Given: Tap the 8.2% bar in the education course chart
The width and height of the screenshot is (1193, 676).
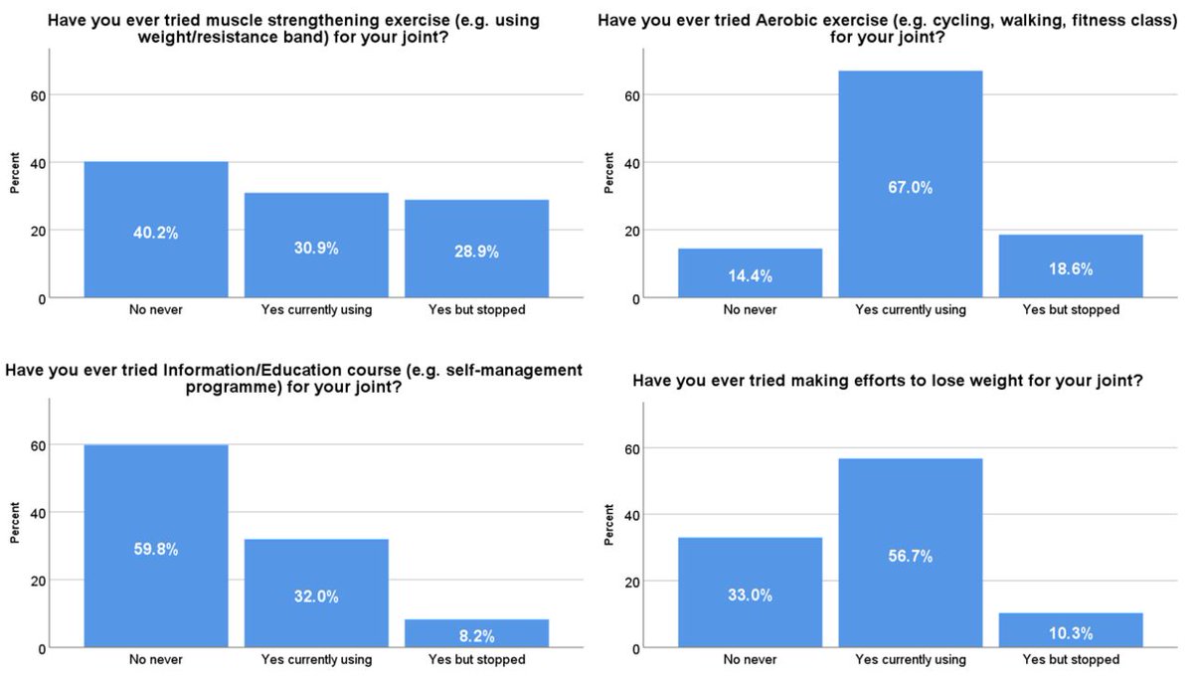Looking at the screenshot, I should tap(476, 633).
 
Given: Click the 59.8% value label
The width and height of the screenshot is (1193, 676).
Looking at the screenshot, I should tap(156, 549).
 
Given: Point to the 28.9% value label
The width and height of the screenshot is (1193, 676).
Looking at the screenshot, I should tap(476, 253).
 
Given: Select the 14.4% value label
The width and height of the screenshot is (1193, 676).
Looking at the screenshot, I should tap(750, 276).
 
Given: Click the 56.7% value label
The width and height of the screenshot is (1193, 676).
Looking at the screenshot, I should tap(911, 557).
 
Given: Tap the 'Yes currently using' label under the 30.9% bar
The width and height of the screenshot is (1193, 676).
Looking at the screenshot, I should tap(316, 310).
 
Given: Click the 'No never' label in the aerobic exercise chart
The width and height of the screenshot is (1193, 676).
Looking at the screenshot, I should tap(750, 310).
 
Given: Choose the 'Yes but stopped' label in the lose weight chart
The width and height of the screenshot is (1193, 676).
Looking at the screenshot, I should tap(1071, 660).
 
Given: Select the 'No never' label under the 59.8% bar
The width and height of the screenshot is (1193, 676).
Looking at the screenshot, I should tap(156, 660).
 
